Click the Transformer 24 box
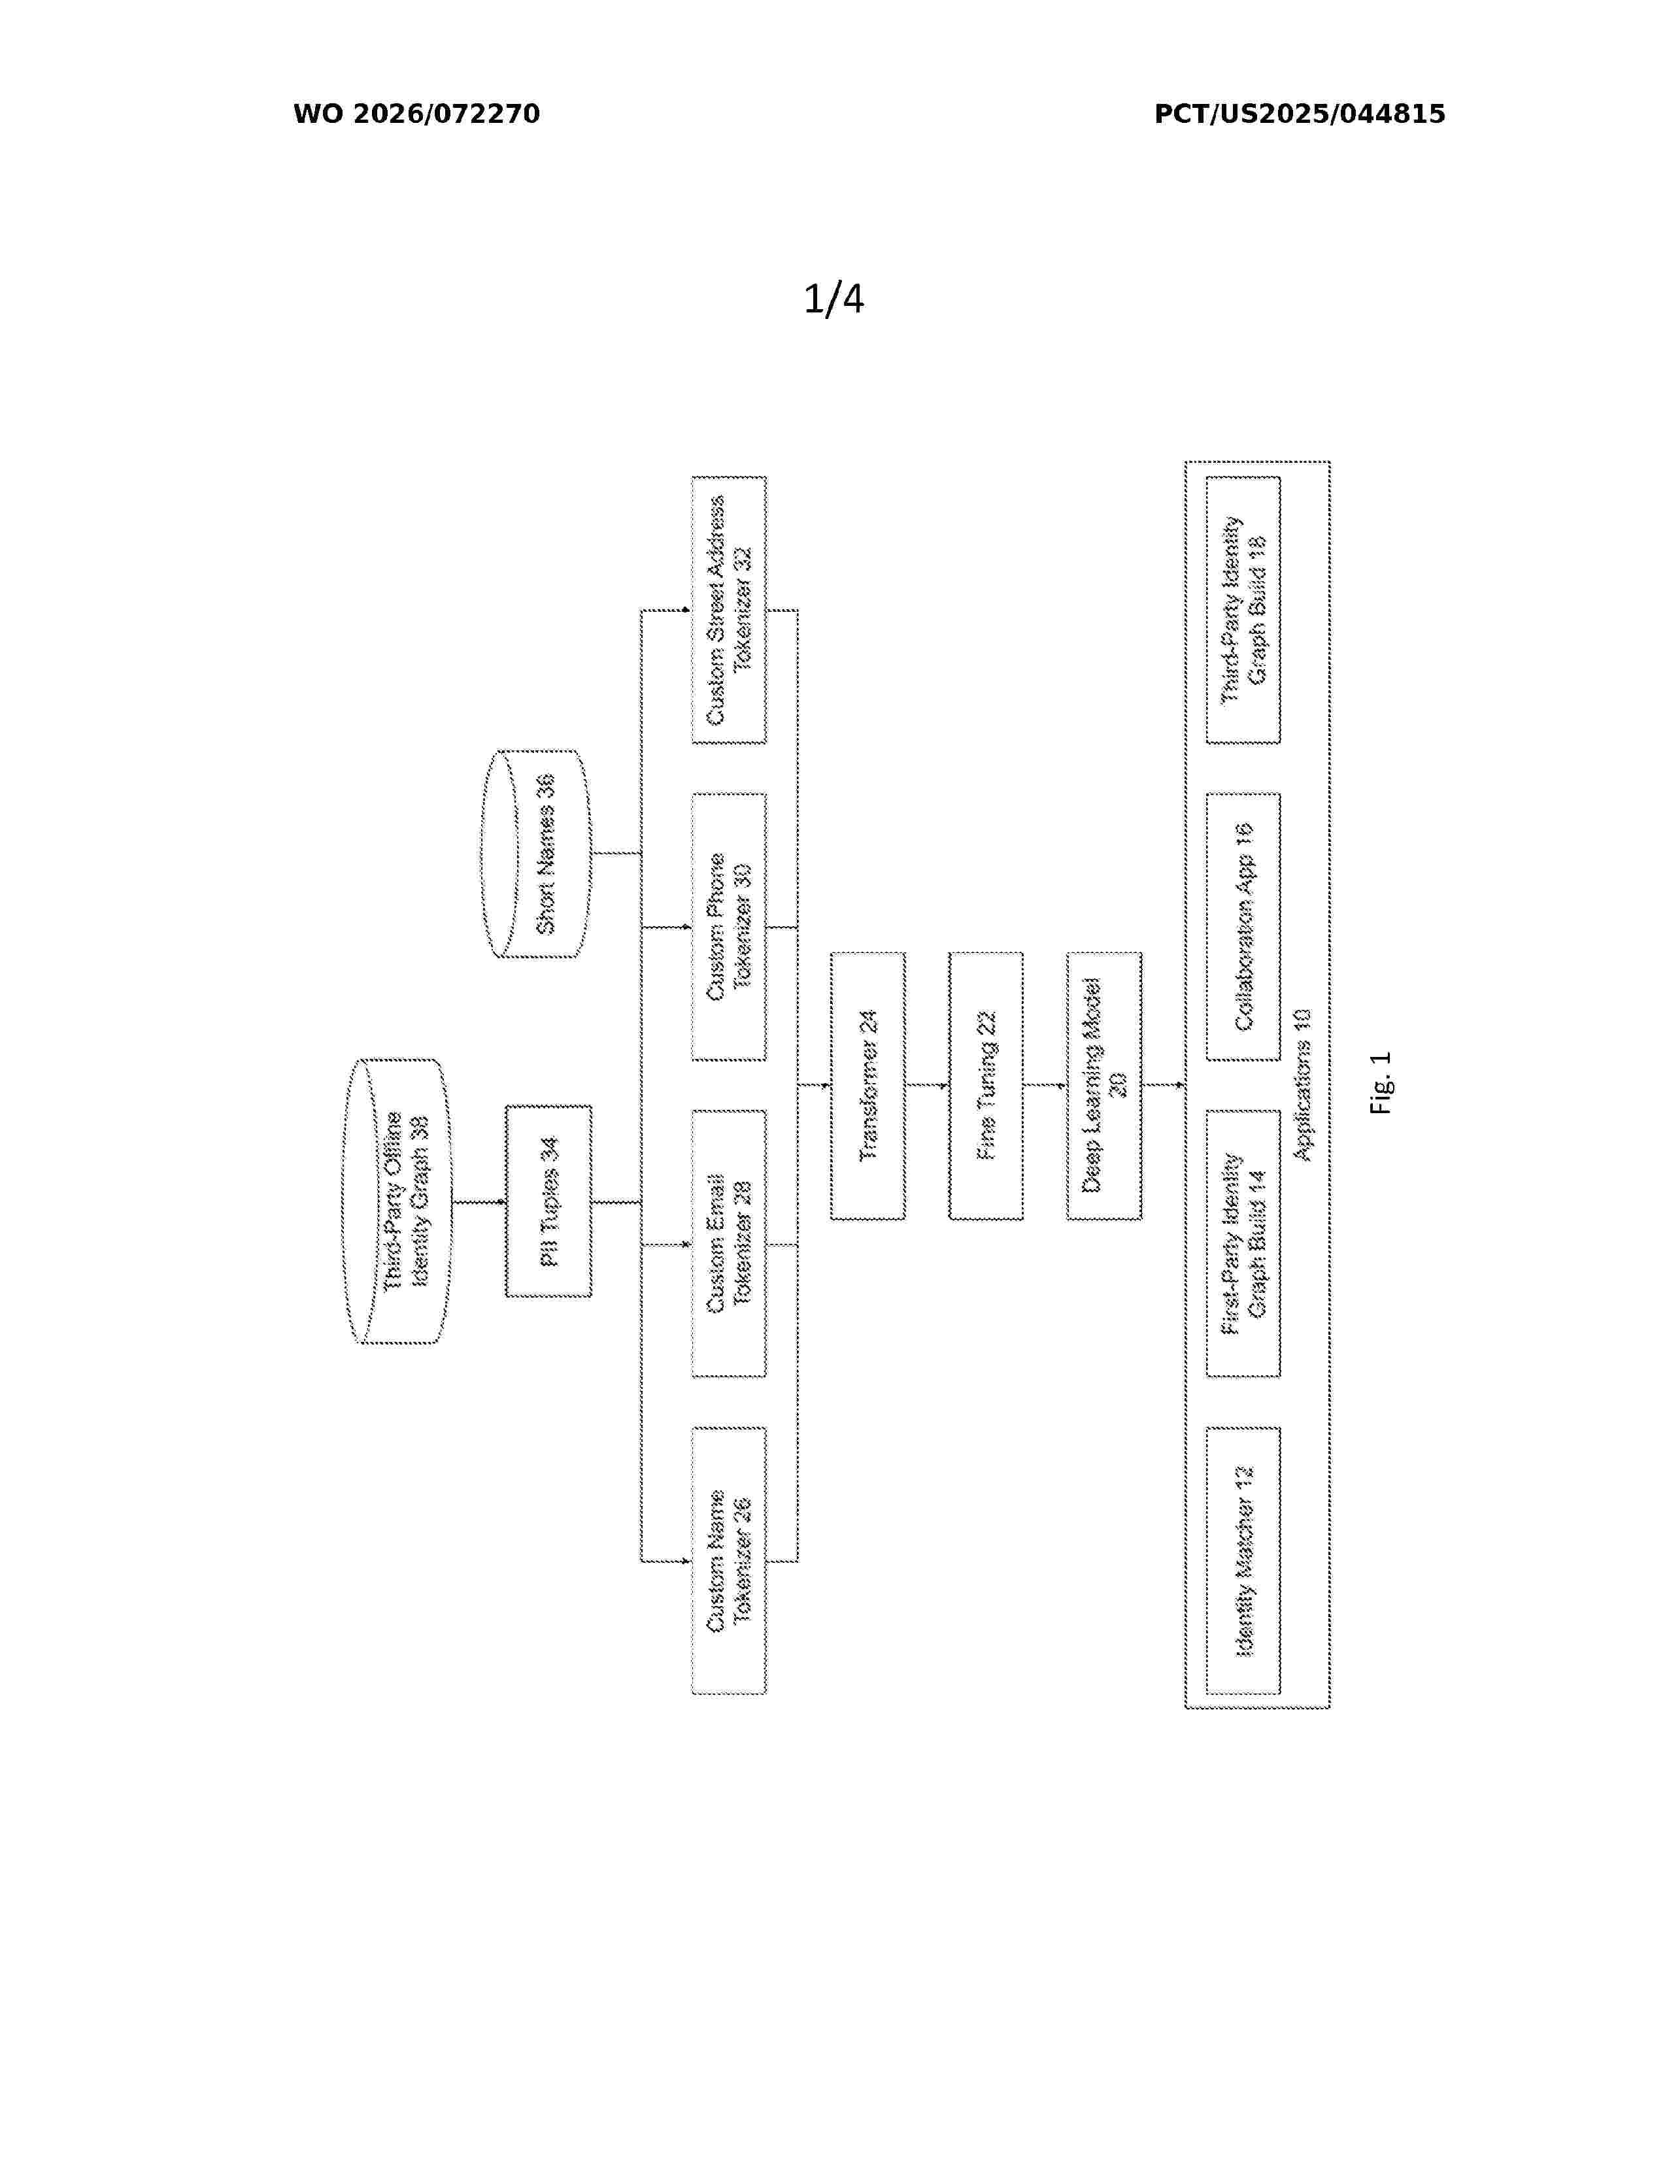tap(867, 1086)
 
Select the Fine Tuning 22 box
tap(986, 1086)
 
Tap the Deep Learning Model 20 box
tap(1104, 1086)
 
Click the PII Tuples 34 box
tap(548, 1201)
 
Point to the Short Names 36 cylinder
tap(536, 853)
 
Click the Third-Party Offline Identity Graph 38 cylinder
tap(397, 1201)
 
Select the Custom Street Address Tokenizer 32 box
tap(729, 609)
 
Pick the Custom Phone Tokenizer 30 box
tap(729, 926)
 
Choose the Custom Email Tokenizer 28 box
tap(729, 1243)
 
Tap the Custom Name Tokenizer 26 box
tap(729, 1560)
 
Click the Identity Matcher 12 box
tap(1243, 1560)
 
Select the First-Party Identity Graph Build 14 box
tap(1243, 1243)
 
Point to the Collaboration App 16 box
tap(1243, 926)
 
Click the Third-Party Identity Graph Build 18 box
tap(1243, 609)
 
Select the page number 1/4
tap(833, 298)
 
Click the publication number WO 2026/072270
tap(417, 114)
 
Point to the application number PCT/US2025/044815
tap(1300, 114)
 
